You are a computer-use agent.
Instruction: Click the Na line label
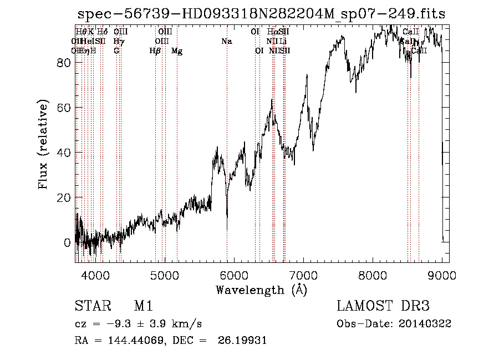226,41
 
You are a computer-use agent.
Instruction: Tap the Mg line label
177,51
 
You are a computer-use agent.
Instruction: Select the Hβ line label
155,51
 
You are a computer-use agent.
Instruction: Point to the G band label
116,51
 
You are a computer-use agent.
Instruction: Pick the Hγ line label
118,41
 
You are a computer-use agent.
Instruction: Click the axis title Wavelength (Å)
261,290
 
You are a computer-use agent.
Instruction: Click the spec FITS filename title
261,14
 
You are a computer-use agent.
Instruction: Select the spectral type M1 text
143,307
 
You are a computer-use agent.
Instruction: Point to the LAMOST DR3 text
383,307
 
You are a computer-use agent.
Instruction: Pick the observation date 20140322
424,324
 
